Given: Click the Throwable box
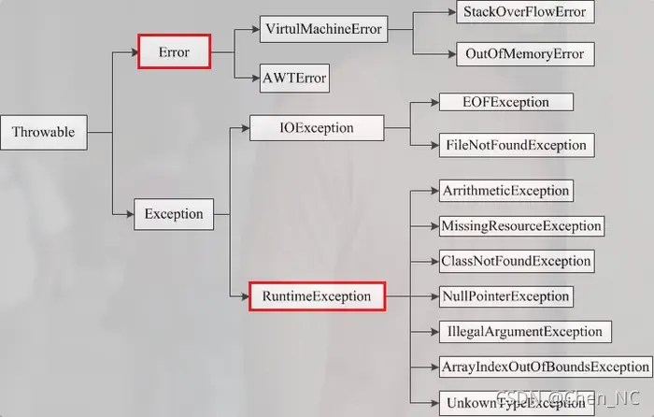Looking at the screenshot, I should pyautogui.click(x=44, y=132).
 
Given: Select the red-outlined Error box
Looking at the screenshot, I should pyautogui.click(x=174, y=52).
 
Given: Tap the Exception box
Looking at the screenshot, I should pyautogui.click(x=174, y=214).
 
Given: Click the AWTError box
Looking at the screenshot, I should pyautogui.click(x=294, y=78).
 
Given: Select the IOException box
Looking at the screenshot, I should pyautogui.click(x=316, y=127).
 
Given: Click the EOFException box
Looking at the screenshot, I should pyautogui.click(x=506, y=102).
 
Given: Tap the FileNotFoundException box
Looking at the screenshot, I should pyautogui.click(x=516, y=145).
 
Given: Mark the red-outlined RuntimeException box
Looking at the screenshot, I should pyautogui.click(x=317, y=297).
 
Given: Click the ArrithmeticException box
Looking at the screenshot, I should pyautogui.click(x=505, y=191).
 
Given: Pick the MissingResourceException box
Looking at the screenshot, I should pyautogui.click(x=520, y=226).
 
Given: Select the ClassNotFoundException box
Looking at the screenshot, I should pyautogui.click(x=516, y=261).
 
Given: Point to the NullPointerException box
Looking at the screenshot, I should pyautogui.click(x=505, y=296).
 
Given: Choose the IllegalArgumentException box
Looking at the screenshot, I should pyautogui.click(x=524, y=332).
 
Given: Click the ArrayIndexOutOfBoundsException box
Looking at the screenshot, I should pyautogui.click(x=545, y=367).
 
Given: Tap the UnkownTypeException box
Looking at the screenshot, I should pyautogui.click(x=516, y=402).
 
